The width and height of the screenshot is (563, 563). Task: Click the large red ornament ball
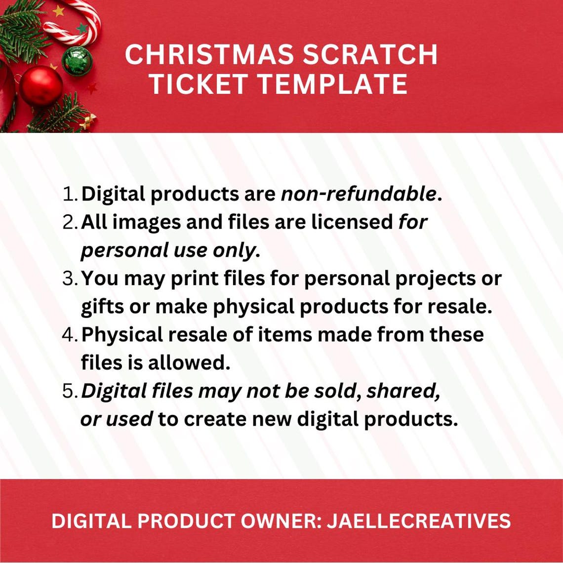point(40,86)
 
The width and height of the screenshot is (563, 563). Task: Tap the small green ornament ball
point(77,61)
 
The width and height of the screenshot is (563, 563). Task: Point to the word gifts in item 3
point(102,307)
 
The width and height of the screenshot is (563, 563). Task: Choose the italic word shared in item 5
point(403,391)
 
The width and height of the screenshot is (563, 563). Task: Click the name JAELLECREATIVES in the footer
point(419,521)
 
